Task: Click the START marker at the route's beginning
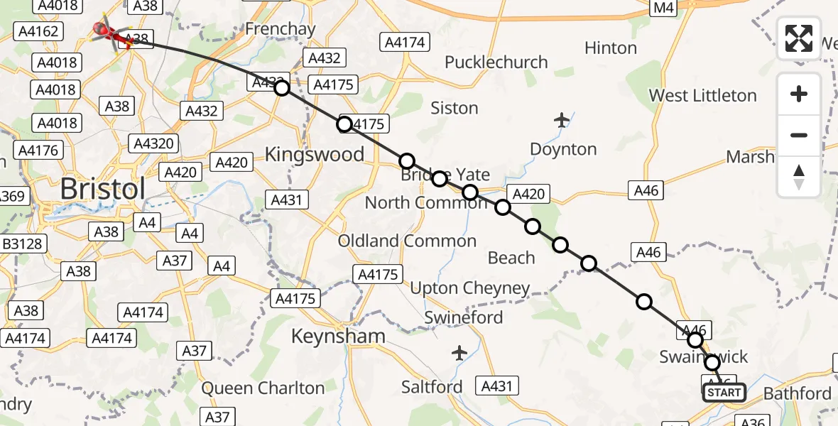tap(724, 393)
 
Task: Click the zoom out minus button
tap(799, 135)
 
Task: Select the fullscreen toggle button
tap(799, 38)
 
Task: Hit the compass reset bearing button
tap(799, 176)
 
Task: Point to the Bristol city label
tap(103, 189)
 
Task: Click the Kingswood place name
tap(314, 154)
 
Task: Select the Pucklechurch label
tap(496, 62)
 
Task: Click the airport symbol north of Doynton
tap(562, 120)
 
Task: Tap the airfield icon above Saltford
tap(459, 352)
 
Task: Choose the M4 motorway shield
tap(661, 7)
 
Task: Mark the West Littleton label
tap(703, 95)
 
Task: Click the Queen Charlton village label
tap(263, 388)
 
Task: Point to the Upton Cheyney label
tap(470, 288)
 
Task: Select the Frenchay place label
tap(280, 29)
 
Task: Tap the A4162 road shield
tap(40, 31)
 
